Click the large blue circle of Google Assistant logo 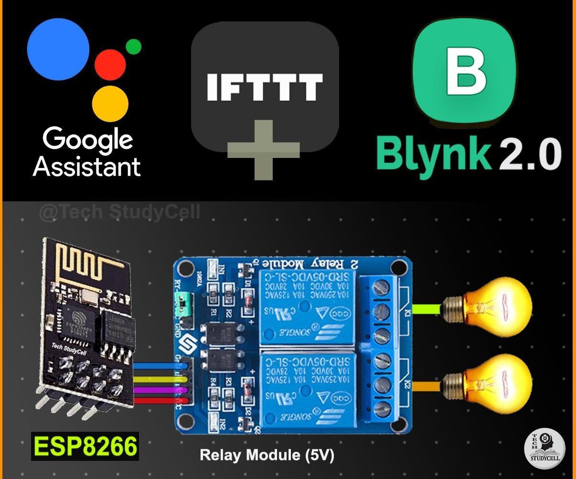point(58,49)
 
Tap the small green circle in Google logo point(133,47)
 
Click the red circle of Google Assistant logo point(110,65)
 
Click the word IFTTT point(264,87)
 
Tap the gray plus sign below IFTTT point(263,150)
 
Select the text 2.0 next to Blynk point(530,154)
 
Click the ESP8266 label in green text point(85,447)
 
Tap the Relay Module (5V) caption point(267,455)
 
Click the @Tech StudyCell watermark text point(119,212)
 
